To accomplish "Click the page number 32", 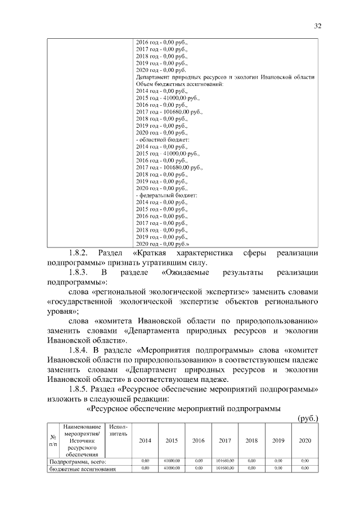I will point(317,26).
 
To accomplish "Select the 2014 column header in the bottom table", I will point(145,440).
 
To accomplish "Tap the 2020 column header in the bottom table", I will point(305,440).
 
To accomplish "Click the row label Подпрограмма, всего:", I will point(76,462).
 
